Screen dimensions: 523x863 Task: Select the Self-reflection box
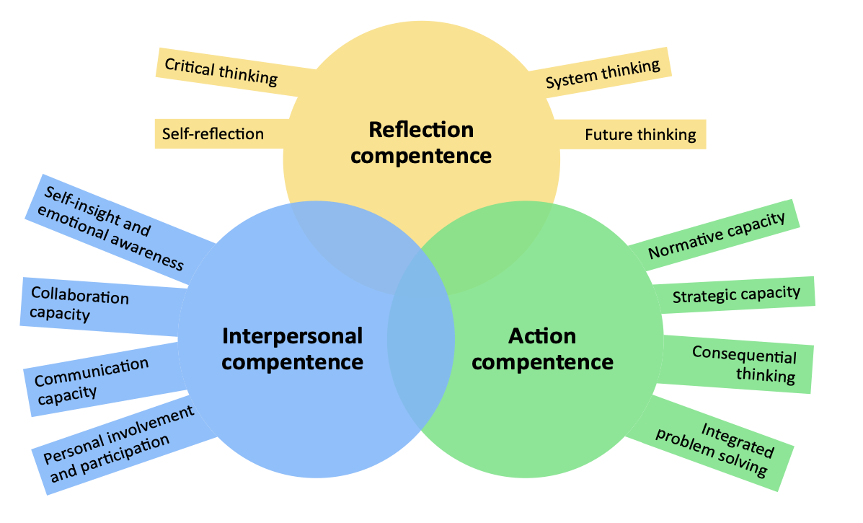213,134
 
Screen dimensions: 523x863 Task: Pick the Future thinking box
640,135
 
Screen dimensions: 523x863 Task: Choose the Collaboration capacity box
79,306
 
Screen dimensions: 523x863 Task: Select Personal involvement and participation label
119,445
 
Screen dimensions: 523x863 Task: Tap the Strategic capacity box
736,294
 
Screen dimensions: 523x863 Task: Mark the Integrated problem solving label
714,449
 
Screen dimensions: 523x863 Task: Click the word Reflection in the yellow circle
421,130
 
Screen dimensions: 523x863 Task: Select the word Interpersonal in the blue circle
292,335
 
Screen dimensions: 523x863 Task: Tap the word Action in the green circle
542,335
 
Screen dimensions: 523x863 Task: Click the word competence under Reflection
422,155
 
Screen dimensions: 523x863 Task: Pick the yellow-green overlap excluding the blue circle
490,238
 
